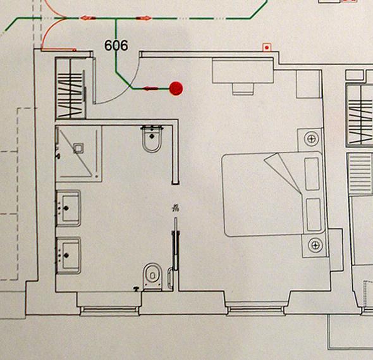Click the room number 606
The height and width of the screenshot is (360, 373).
tap(116, 46)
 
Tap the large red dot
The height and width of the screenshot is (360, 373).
tap(176, 89)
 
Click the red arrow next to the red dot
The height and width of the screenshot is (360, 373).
tap(150, 89)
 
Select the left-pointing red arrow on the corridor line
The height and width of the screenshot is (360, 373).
tap(88, 18)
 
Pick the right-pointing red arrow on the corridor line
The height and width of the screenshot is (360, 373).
tap(144, 18)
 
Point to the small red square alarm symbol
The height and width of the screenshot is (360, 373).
tap(267, 47)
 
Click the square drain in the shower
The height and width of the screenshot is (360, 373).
tap(78, 148)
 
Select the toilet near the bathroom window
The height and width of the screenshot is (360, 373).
tap(152, 276)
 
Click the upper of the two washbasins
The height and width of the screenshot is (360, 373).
tap(68, 208)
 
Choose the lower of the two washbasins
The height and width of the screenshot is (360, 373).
tap(68, 256)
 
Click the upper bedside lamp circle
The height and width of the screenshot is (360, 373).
tap(312, 139)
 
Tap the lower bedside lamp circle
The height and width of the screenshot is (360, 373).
tap(315, 245)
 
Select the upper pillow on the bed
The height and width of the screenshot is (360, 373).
tap(312, 173)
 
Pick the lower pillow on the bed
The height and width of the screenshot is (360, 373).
tap(314, 214)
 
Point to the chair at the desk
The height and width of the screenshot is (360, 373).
tap(243, 89)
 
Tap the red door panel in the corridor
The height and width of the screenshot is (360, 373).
tap(59, 50)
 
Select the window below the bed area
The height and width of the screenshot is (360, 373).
tap(255, 309)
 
